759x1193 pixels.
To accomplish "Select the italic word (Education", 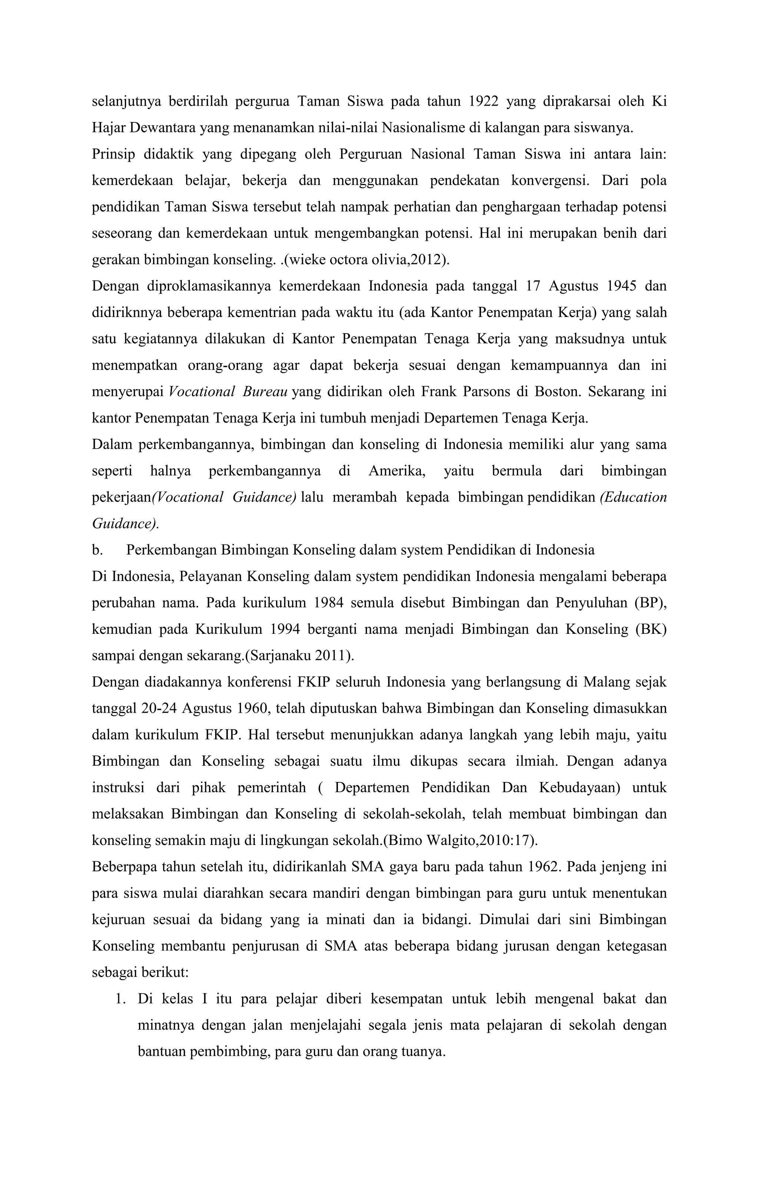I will pos(633,497).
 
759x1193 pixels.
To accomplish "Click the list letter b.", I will pos(97,550).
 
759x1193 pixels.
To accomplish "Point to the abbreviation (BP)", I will pos(650,603).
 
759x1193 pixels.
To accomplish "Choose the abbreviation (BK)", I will pos(650,629).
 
